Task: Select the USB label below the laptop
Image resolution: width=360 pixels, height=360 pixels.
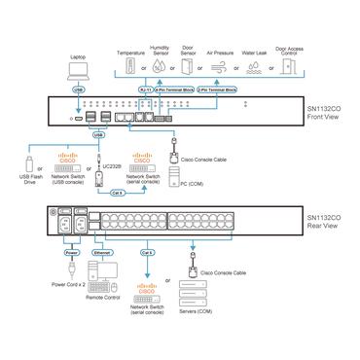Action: (78, 90)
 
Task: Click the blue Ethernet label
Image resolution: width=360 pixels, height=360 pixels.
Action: (101, 251)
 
